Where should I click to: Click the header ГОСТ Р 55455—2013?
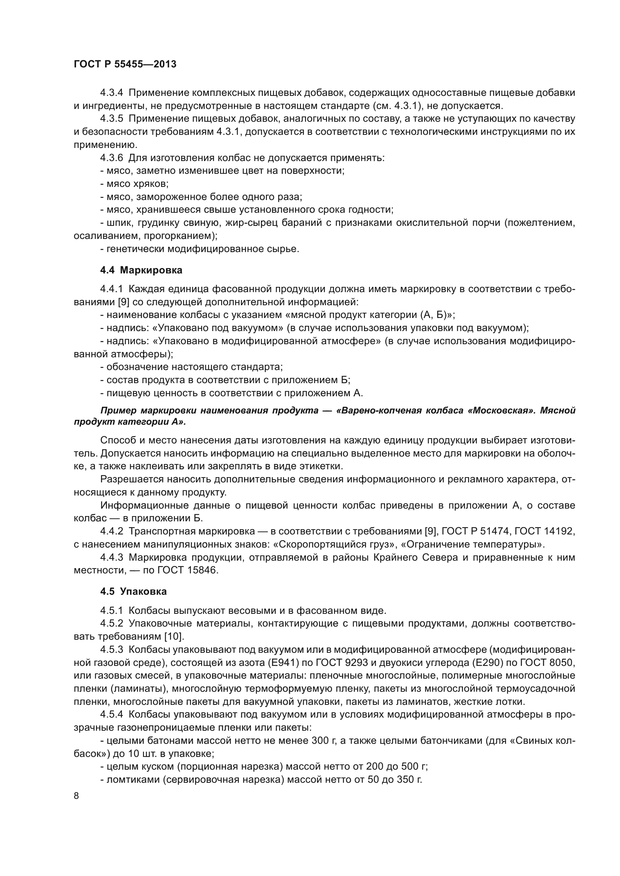125,64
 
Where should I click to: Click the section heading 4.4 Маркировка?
141,270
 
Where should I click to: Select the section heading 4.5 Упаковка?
133,592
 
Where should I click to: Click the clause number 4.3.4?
111,93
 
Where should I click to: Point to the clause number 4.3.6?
111,158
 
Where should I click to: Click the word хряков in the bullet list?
153,184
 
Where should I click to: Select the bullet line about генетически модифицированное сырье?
200,249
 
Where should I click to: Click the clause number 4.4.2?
111,531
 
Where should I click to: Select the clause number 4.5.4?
111,715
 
